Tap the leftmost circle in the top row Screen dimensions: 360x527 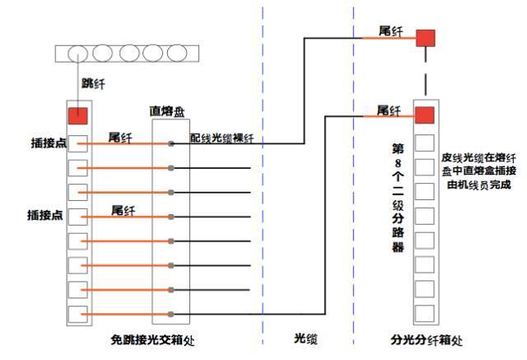[77, 54]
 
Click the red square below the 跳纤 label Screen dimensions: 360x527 [77, 116]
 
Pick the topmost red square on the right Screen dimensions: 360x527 [425, 38]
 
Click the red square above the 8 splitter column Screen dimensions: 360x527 [425, 115]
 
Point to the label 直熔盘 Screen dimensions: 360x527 [166, 110]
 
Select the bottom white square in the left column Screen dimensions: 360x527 [77, 314]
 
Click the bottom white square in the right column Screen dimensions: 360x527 [425, 314]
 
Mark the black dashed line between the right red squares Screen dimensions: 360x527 [425, 76]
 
